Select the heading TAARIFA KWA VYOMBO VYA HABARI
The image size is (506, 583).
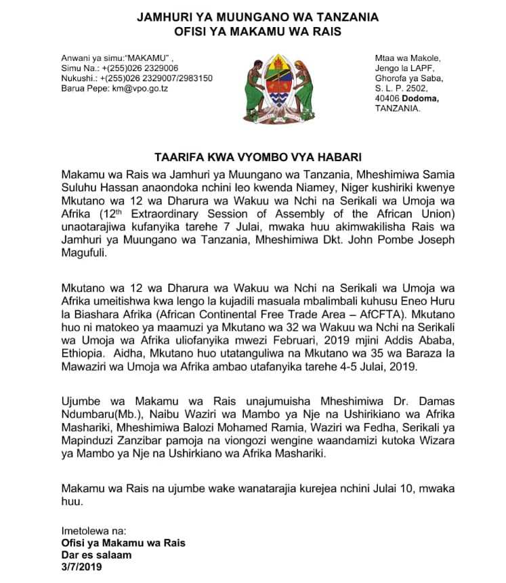pos(253,154)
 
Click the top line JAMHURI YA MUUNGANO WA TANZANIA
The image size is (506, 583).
pos(253,16)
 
